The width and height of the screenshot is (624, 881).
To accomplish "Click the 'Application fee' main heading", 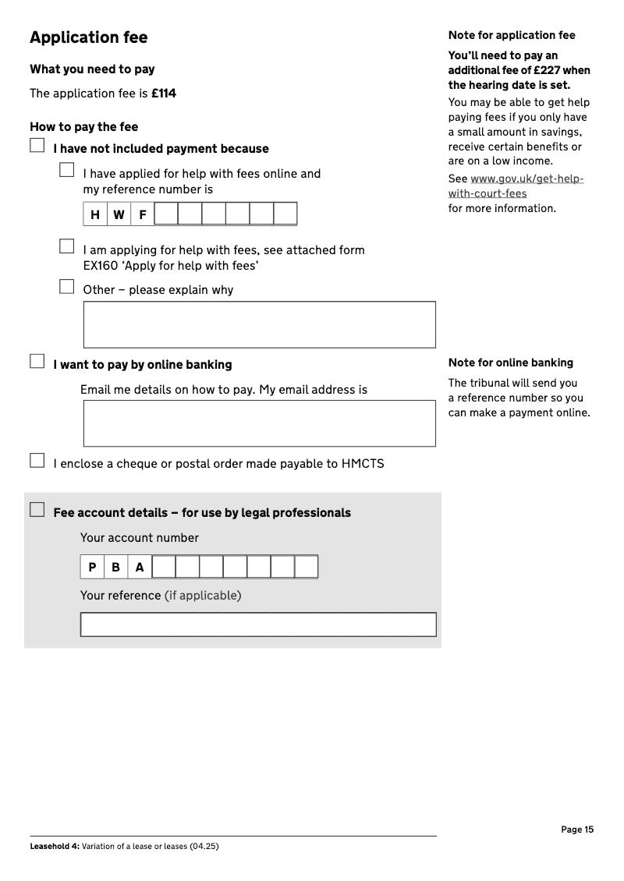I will pyautogui.click(x=88, y=37).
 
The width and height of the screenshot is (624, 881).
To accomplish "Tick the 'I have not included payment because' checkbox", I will pyautogui.click(x=37, y=146).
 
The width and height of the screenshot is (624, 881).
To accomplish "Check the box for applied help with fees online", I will pyautogui.click(x=67, y=170).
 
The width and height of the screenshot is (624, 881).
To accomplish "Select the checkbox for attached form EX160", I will pyautogui.click(x=67, y=246).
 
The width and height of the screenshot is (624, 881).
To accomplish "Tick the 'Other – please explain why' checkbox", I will pyautogui.click(x=67, y=287).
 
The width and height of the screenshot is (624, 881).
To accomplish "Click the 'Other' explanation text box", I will pyautogui.click(x=259, y=324).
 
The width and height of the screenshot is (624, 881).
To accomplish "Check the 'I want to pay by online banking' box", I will pyautogui.click(x=37, y=361).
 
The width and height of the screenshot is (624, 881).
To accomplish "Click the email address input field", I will pyautogui.click(x=259, y=423).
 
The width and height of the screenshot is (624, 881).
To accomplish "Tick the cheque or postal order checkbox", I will pyautogui.click(x=37, y=461).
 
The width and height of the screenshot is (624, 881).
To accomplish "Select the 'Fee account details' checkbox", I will pyautogui.click(x=37, y=510).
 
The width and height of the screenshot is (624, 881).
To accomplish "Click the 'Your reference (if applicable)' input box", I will pyautogui.click(x=258, y=624).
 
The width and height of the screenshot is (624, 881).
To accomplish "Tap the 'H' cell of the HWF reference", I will pyautogui.click(x=95, y=214).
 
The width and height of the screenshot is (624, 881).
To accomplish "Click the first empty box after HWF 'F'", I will pyautogui.click(x=166, y=214).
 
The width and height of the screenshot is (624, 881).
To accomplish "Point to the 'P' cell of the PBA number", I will pyautogui.click(x=92, y=567).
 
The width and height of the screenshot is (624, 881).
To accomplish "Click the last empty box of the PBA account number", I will pyautogui.click(x=306, y=567).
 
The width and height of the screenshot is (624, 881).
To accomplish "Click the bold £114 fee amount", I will pyautogui.click(x=164, y=94).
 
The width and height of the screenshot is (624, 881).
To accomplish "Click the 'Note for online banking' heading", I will pyautogui.click(x=510, y=363).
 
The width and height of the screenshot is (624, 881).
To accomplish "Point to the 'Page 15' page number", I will pyautogui.click(x=577, y=830).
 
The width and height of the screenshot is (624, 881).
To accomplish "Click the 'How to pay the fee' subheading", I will pyautogui.click(x=83, y=126).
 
